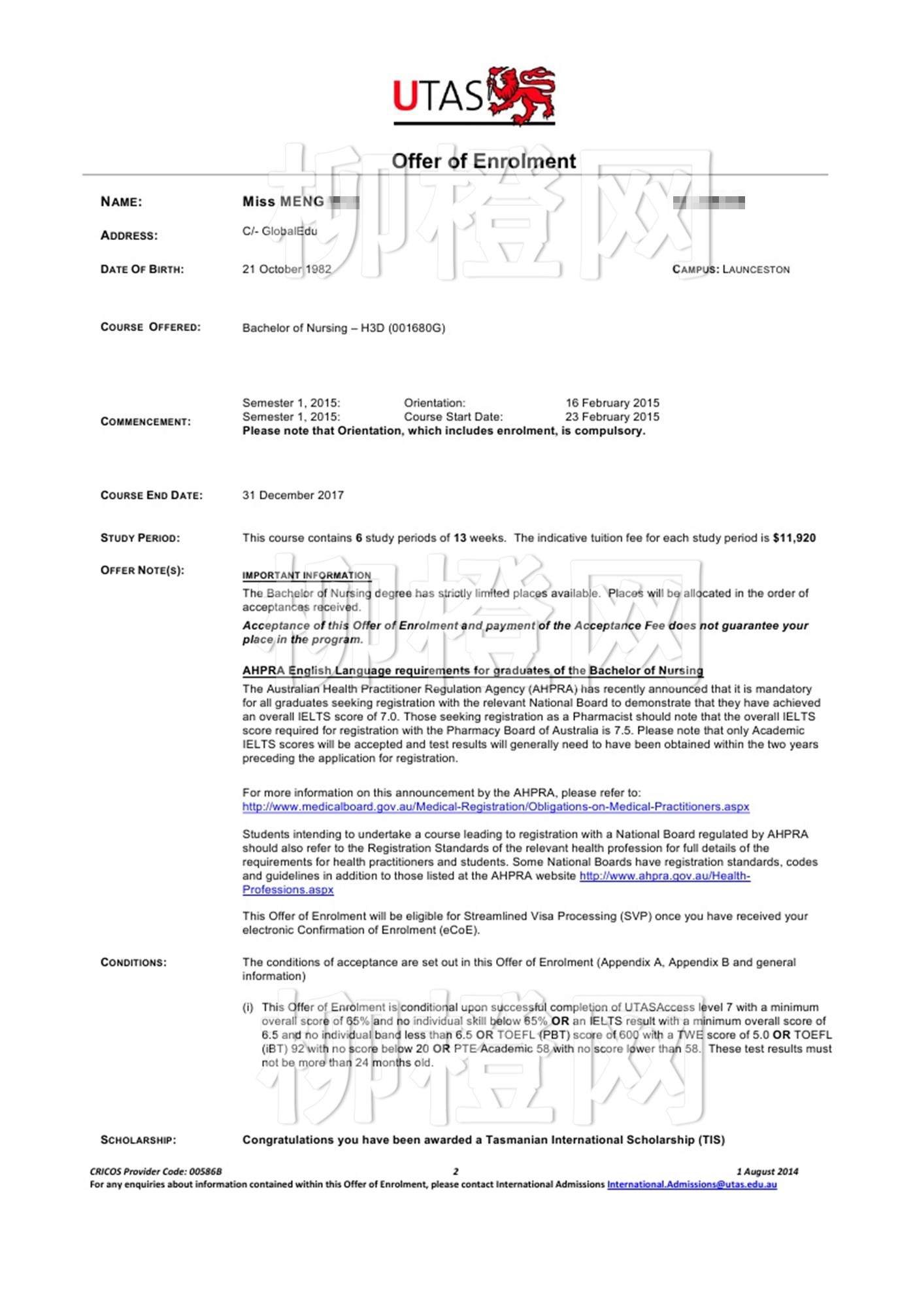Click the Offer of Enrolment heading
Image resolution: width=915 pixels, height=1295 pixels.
tap(483, 161)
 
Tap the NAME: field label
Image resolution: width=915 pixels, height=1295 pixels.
tap(121, 202)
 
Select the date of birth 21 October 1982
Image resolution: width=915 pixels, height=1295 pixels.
tap(286, 269)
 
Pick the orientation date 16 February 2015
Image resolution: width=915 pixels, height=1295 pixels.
tap(612, 403)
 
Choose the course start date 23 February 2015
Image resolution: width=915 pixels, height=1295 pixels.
tap(612, 417)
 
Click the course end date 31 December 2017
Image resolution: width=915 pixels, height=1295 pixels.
tap(293, 495)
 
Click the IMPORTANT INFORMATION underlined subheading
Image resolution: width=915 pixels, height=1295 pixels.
tap(307, 576)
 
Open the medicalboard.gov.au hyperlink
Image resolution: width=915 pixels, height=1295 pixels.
tap(495, 807)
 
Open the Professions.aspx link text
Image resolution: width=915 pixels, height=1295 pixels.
tap(288, 890)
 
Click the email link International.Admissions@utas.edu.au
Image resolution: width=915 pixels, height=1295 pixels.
tap(691, 1184)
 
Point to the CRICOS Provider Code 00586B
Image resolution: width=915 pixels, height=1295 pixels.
tap(156, 1171)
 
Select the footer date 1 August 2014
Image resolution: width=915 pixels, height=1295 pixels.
tap(767, 1171)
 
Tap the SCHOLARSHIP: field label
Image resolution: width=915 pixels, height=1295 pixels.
tap(138, 1140)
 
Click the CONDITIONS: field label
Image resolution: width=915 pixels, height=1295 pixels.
tap(133, 963)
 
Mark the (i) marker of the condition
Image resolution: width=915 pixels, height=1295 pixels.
tap(248, 1007)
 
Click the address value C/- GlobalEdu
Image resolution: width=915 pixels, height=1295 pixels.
tap(280, 232)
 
